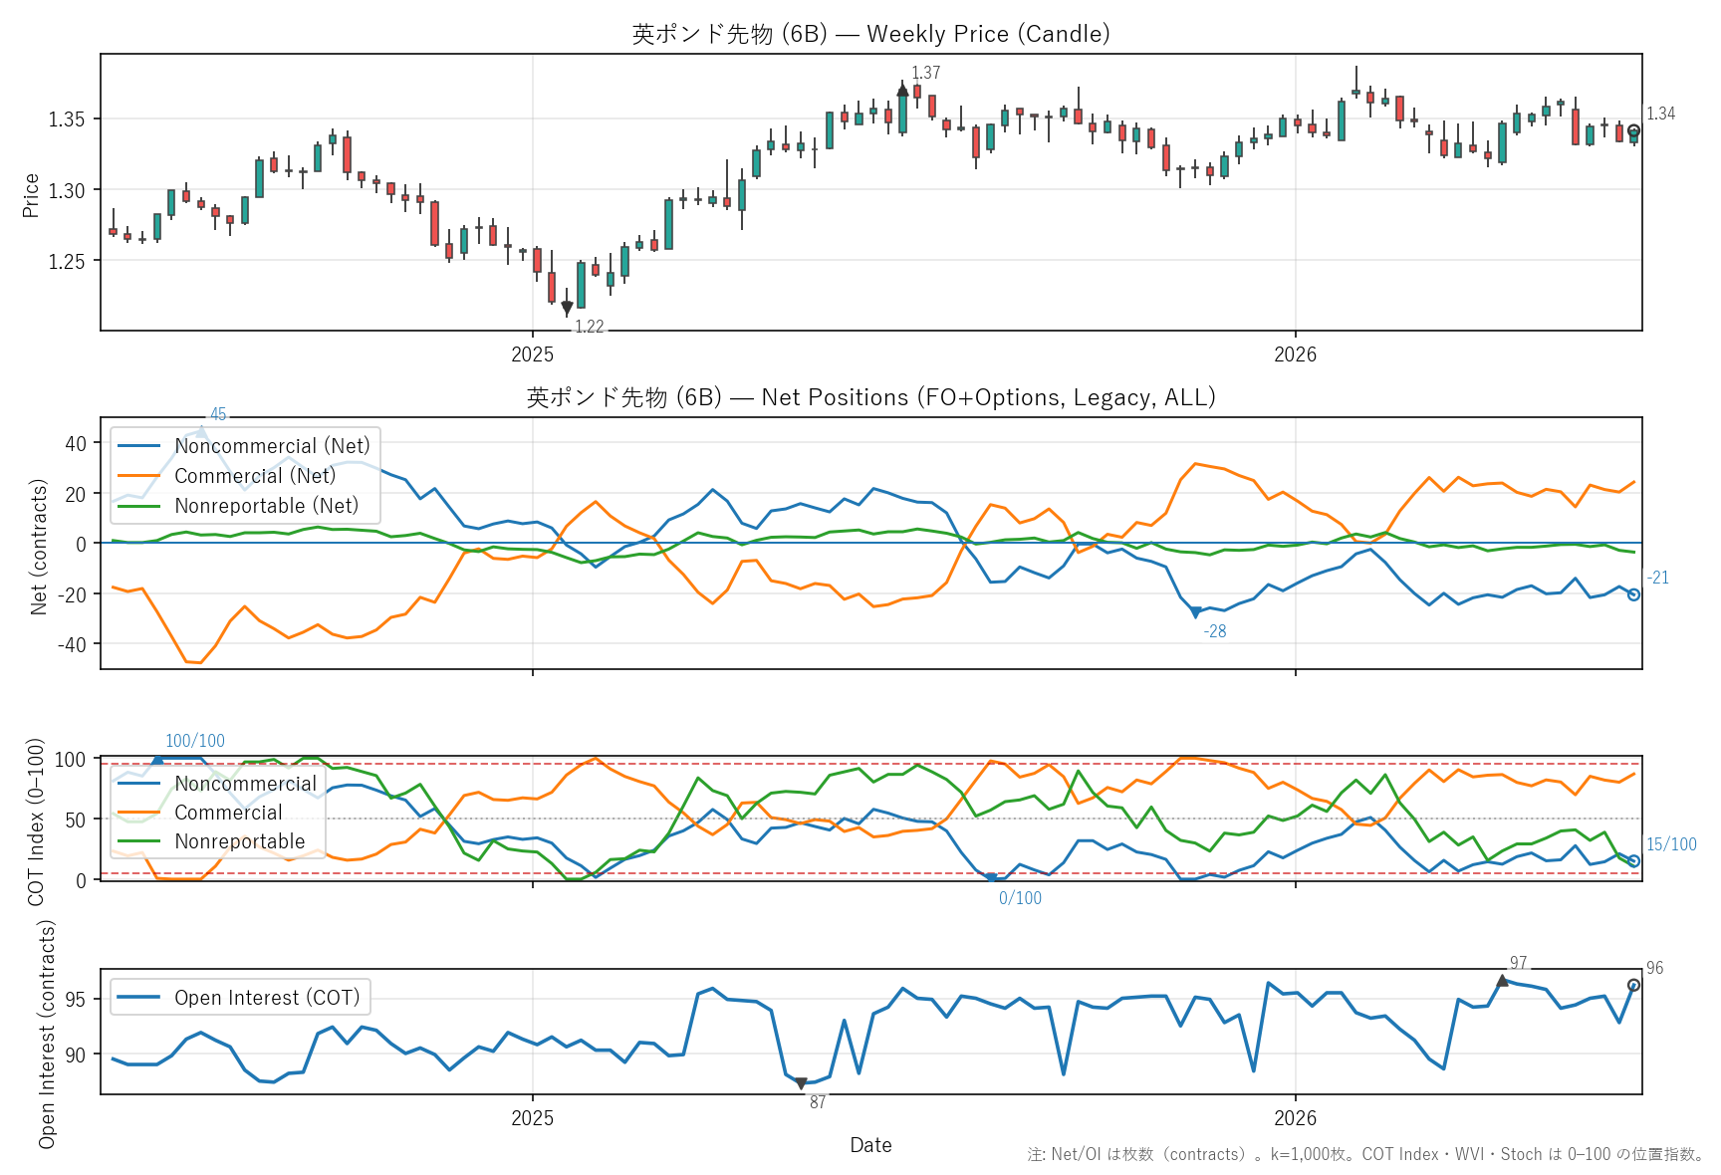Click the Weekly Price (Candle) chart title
(870, 34)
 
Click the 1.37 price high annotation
(925, 73)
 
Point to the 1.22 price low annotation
(589, 327)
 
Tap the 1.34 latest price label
(1660, 114)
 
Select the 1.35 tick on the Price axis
(68, 119)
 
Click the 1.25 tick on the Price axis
(68, 261)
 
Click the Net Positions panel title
(870, 397)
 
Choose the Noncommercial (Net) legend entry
(244, 446)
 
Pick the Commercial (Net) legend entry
(227, 476)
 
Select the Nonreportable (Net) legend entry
(238, 506)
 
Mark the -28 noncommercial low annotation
(1214, 631)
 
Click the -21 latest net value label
(1657, 578)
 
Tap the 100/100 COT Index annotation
(195, 741)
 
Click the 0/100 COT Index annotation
(1020, 898)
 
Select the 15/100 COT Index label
(1671, 844)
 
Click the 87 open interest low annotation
(817, 1102)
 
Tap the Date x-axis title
(870, 1145)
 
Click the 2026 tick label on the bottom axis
(1295, 1118)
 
